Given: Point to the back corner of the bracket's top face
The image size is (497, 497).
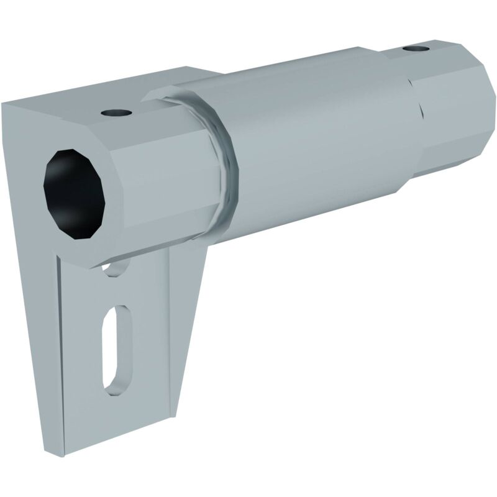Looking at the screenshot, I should [186, 70].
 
